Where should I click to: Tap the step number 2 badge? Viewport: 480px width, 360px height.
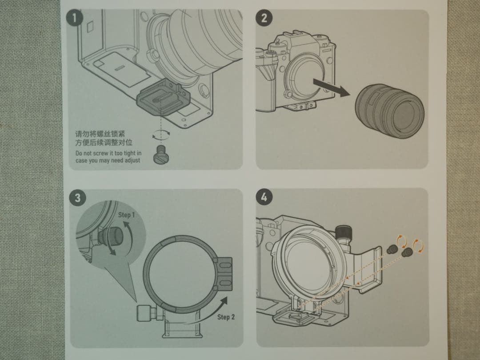(x=264, y=18)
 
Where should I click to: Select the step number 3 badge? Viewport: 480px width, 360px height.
(x=78, y=198)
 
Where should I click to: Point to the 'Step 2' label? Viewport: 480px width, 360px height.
(x=226, y=317)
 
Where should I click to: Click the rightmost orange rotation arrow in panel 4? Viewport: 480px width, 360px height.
(x=418, y=245)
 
